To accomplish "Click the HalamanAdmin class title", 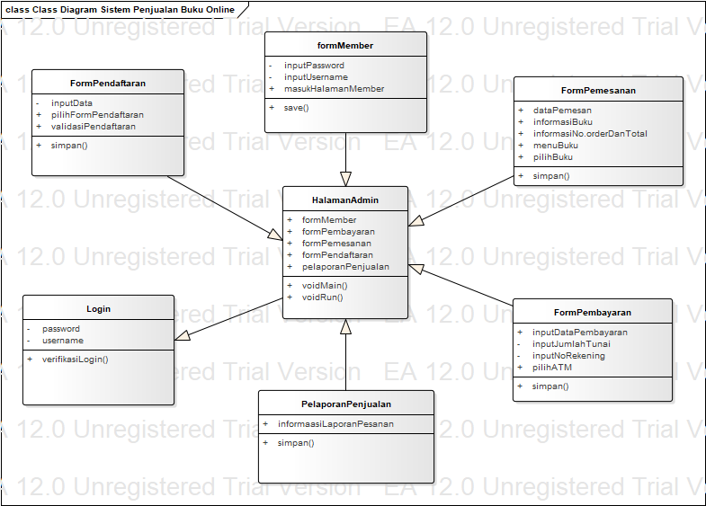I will (x=345, y=200).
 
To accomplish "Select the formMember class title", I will (x=345, y=46).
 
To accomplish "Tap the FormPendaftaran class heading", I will (x=108, y=84).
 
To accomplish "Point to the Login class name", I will (x=99, y=309).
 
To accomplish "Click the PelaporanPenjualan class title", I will (x=346, y=404).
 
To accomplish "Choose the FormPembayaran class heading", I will (x=593, y=313).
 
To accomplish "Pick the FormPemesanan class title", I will (x=597, y=91).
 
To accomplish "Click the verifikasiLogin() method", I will (x=76, y=360).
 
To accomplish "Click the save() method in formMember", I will (x=296, y=108).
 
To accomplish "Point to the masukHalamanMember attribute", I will (x=334, y=89).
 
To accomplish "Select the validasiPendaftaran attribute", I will (x=94, y=127).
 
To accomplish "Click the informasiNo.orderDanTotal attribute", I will (x=590, y=134).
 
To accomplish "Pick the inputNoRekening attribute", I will (x=568, y=356).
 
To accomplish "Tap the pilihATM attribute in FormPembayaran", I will (x=552, y=368).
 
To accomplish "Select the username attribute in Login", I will (x=63, y=341).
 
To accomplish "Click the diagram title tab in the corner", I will (x=119, y=10).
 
